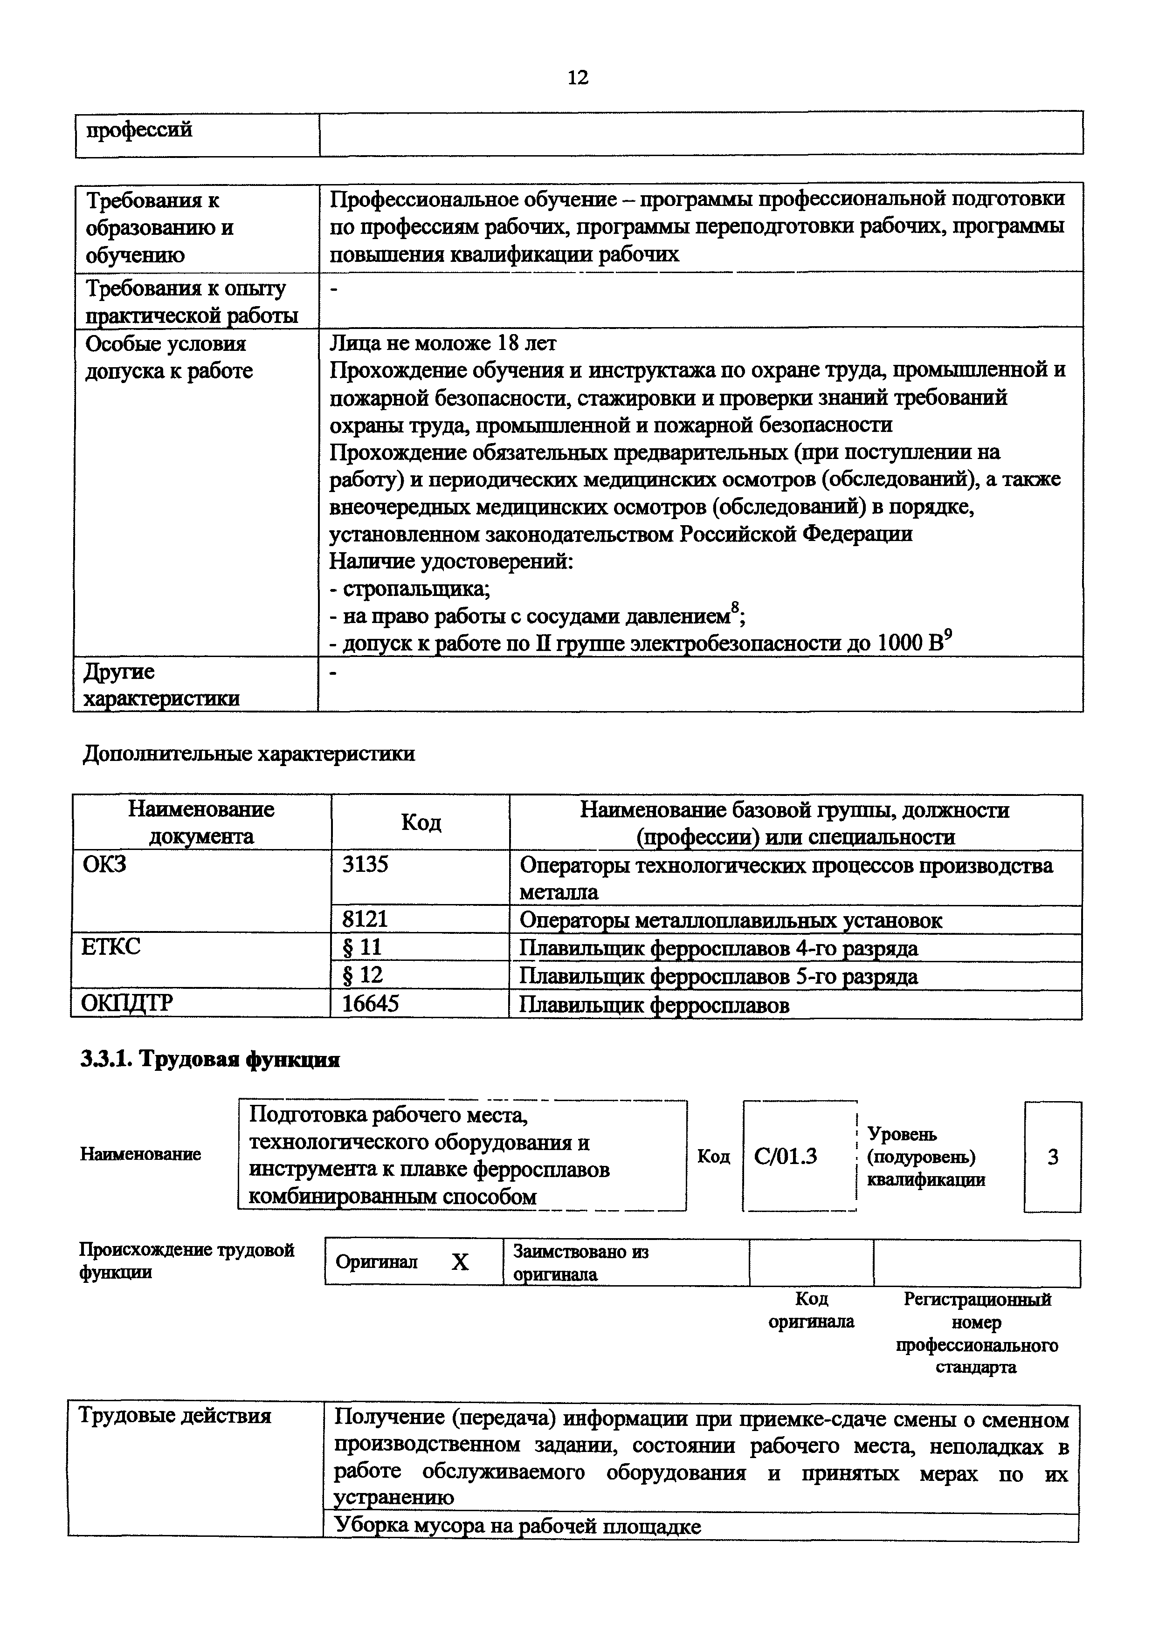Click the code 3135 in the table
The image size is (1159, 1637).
click(x=366, y=864)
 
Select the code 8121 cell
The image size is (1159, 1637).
click(x=366, y=919)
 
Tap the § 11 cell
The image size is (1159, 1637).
click(x=363, y=947)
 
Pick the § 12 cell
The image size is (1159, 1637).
click(x=363, y=975)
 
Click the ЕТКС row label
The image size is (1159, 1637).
click(x=110, y=947)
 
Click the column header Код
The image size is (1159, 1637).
click(x=421, y=822)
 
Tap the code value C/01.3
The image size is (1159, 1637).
click(x=786, y=1156)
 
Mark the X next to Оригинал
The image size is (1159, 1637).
click(x=460, y=1262)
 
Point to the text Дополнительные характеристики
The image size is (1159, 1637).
click(x=249, y=754)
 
